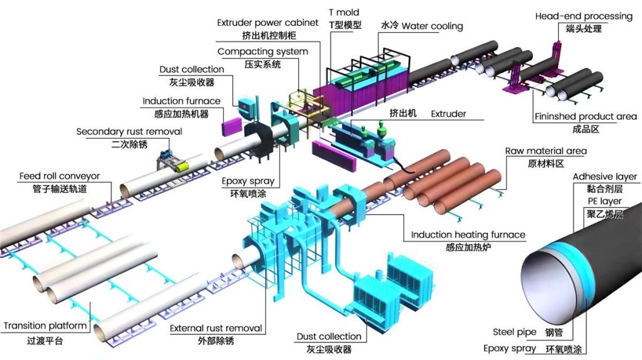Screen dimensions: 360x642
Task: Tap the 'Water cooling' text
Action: [x=432, y=26]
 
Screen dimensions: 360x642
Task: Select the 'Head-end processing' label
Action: [x=583, y=16]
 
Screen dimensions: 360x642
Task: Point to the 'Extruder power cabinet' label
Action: [x=268, y=23]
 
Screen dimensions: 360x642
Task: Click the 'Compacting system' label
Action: [x=263, y=51]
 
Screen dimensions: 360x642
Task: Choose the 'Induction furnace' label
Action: [x=181, y=101]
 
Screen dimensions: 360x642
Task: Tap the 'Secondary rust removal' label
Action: [x=129, y=132]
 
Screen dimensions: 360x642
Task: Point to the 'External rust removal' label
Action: [x=216, y=328]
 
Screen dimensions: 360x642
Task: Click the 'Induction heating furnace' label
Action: [x=468, y=235]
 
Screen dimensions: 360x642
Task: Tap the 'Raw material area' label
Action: [x=545, y=151]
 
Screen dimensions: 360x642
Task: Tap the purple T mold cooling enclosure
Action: [x=351, y=94]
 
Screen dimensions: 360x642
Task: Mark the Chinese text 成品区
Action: [x=586, y=129]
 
